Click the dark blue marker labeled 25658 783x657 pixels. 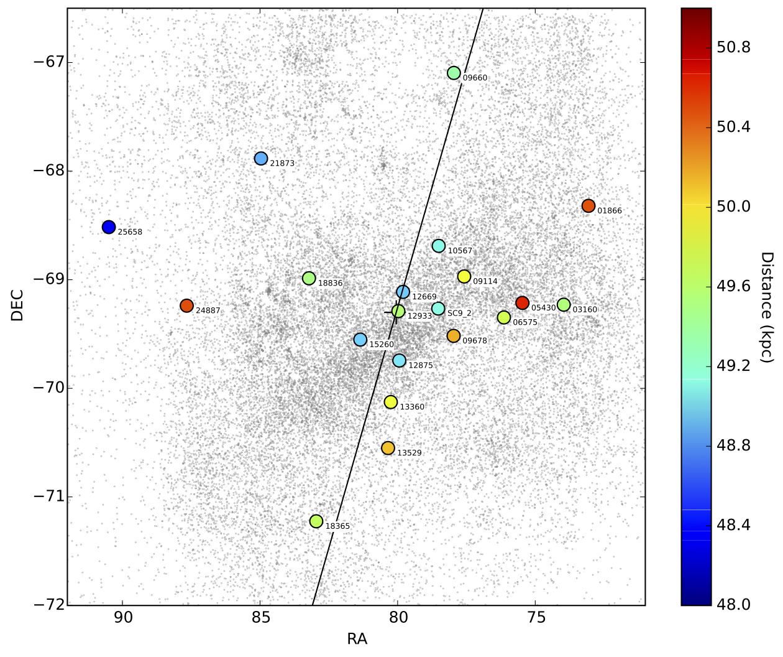point(109,227)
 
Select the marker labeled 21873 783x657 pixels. point(261,159)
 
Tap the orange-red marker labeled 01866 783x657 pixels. point(588,206)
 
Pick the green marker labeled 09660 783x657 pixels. point(454,73)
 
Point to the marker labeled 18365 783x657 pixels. point(316,521)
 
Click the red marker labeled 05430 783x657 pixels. point(522,303)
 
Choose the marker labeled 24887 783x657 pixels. point(186,305)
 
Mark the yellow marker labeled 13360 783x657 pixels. point(391,402)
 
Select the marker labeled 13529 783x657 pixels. point(388,448)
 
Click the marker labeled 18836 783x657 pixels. point(309,278)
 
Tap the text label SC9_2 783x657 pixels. point(459,314)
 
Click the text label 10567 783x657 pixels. point(460,251)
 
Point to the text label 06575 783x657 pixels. point(525,322)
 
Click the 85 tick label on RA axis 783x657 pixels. point(261,618)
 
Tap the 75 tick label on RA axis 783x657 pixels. point(536,618)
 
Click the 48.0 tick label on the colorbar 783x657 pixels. point(733,605)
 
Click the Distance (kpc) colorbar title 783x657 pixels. point(766,307)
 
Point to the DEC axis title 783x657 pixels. point(17,305)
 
